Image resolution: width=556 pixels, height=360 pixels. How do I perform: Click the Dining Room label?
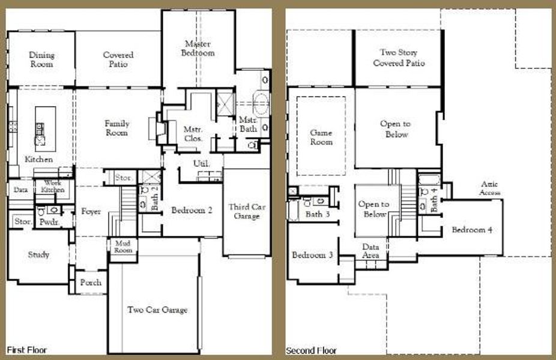pyautogui.click(x=41, y=59)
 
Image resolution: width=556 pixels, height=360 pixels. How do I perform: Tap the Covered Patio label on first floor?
pyautogui.click(x=118, y=59)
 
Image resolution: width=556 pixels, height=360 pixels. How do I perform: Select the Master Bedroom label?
pyautogui.click(x=199, y=48)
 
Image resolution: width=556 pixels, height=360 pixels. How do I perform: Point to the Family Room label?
pyautogui.click(x=116, y=128)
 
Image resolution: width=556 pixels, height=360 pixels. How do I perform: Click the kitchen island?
pyautogui.click(x=44, y=126)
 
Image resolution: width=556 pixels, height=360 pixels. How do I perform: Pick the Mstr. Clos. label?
pyautogui.click(x=193, y=133)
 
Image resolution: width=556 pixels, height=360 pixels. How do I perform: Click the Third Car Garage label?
pyautogui.click(x=246, y=211)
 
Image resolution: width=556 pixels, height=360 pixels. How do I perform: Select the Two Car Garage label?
pyautogui.click(x=157, y=310)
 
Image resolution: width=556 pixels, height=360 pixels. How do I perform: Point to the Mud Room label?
pyautogui.click(x=122, y=246)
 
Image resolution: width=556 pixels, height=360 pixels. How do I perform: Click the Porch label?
pyautogui.click(x=90, y=283)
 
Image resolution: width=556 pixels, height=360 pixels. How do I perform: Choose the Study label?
pyautogui.click(x=38, y=254)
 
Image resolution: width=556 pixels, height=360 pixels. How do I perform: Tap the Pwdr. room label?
pyautogui.click(x=48, y=221)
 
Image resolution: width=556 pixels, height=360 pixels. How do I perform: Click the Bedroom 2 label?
pyautogui.click(x=192, y=211)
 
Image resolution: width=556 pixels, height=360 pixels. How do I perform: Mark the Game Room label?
pyautogui.click(x=321, y=137)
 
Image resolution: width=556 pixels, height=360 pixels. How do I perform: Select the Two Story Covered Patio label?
pyautogui.click(x=399, y=58)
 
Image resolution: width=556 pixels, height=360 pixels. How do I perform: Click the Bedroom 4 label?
pyautogui.click(x=472, y=230)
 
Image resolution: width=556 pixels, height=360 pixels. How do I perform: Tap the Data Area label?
pyautogui.click(x=370, y=251)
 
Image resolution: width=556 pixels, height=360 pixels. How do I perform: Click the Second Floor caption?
pyautogui.click(x=311, y=350)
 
